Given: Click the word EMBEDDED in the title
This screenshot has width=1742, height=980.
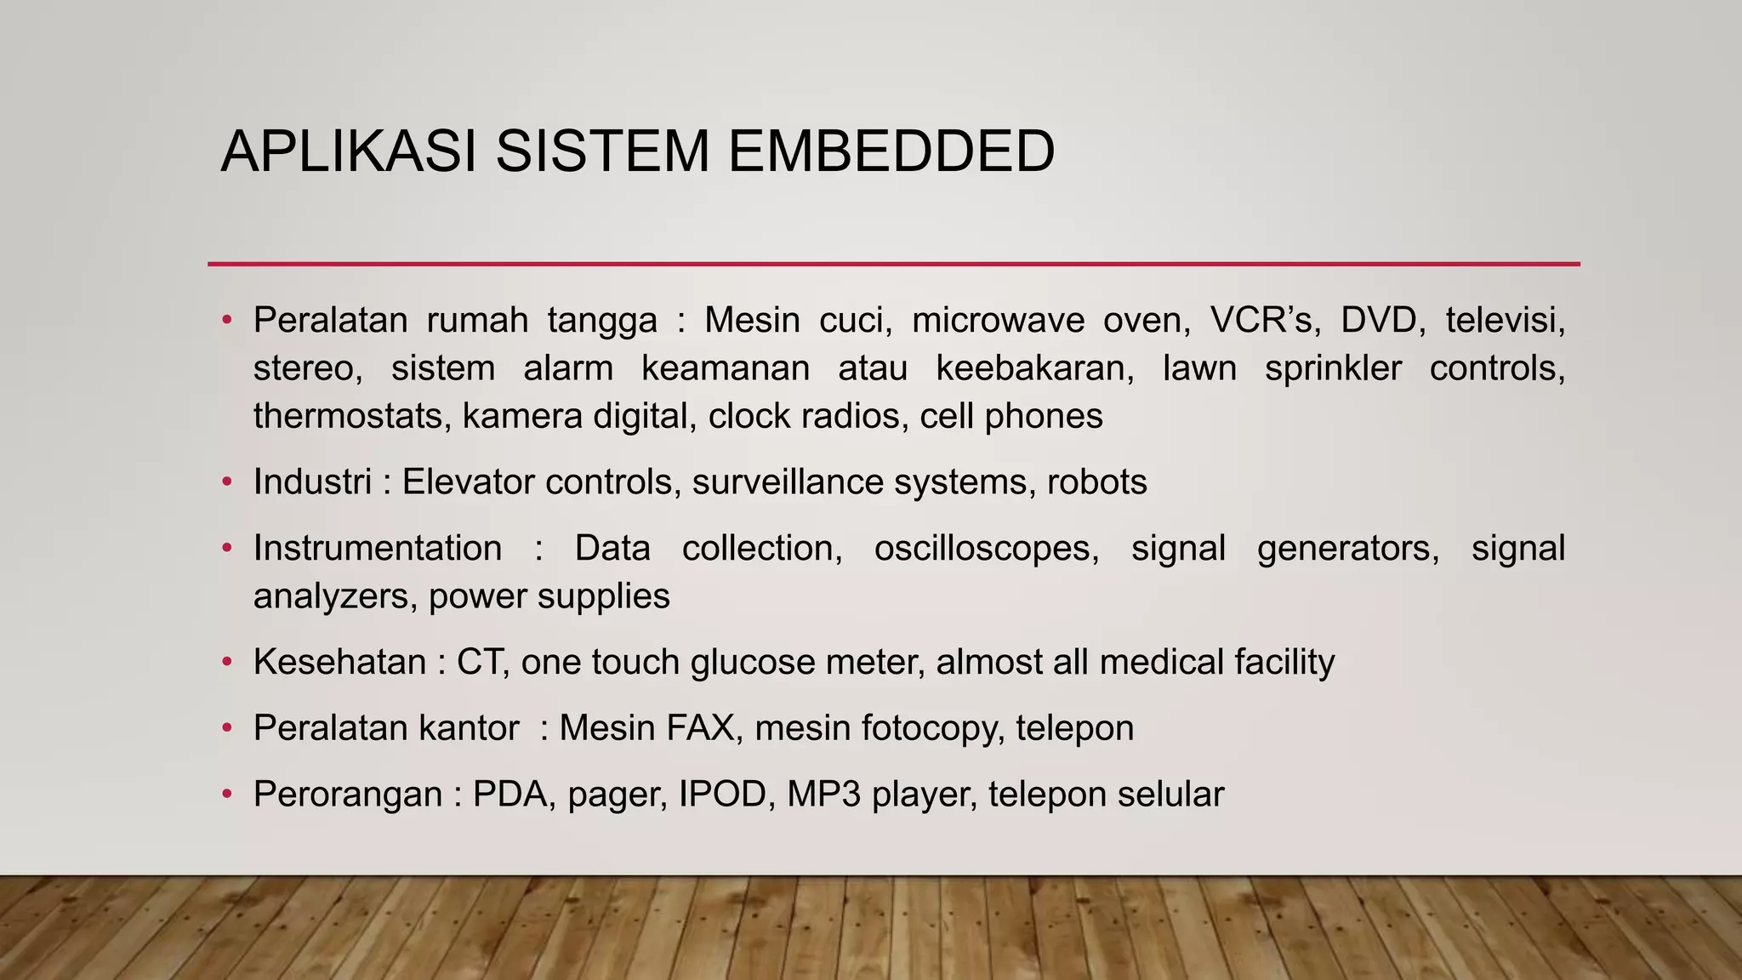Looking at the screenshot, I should click(891, 151).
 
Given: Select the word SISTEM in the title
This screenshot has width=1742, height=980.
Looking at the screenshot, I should click(601, 151).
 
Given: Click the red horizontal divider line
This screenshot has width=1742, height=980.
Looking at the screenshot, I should click(893, 264).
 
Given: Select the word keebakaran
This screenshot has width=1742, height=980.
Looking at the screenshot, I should click(1034, 368).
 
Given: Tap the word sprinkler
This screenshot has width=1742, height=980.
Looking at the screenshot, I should click(1332, 368).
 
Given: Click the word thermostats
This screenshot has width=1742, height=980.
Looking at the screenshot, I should click(351, 416).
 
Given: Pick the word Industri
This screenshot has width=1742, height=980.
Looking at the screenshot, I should click(312, 482).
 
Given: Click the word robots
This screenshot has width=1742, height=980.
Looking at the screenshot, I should click(1096, 482).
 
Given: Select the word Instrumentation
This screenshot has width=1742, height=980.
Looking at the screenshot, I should click(377, 549).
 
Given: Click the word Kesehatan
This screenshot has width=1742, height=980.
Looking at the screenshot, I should click(339, 662).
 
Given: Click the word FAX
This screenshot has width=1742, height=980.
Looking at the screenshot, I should click(701, 728).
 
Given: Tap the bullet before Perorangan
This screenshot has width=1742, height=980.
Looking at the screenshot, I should click(226, 795).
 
